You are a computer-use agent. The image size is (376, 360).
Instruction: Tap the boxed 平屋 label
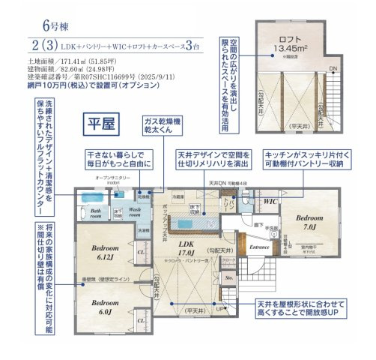(x=100, y=122)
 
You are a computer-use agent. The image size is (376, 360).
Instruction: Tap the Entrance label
(x=258, y=246)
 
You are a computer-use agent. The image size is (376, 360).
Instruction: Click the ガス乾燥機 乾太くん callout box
(x=167, y=126)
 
